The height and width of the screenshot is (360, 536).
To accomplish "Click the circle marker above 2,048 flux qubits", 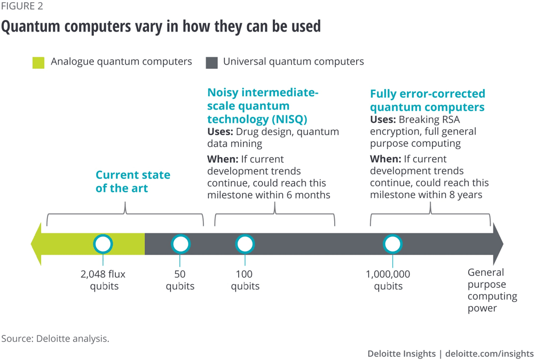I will (x=103, y=244).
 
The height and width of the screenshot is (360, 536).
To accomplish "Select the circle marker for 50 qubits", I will (x=180, y=244).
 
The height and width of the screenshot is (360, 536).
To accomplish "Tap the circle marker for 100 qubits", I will (x=245, y=244).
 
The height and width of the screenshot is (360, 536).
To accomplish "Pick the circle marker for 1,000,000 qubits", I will (x=392, y=244).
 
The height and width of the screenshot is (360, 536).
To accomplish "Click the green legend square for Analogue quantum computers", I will (x=38, y=62).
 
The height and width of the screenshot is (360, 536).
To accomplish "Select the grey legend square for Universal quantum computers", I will (x=211, y=62).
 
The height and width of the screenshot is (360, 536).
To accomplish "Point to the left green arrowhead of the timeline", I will (x=36, y=244).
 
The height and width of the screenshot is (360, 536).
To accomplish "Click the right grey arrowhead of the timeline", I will (x=498, y=244).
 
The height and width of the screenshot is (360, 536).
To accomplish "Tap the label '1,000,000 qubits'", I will (x=388, y=280).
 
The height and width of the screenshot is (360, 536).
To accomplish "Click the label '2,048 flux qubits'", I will (x=103, y=280).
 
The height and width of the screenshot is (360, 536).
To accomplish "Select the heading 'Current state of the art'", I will (x=133, y=182).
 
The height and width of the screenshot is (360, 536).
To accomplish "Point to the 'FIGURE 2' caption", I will (x=22, y=7).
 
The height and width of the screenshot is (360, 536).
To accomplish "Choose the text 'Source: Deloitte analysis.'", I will (x=56, y=339).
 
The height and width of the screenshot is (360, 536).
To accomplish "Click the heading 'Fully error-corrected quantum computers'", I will (x=427, y=100).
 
